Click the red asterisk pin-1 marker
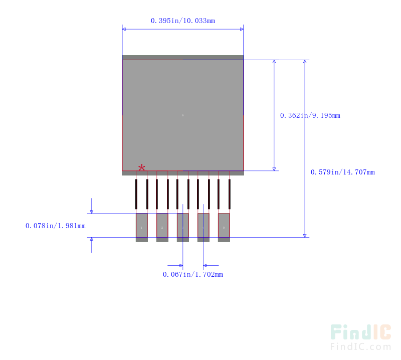pos(142,167)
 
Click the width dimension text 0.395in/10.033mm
pos(183,21)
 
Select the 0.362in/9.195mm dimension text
pos(310,115)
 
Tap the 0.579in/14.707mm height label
pos(342,172)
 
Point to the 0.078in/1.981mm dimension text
pos(55,226)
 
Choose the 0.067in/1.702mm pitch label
pos(192,274)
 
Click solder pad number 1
pos(141,228)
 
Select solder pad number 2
pos(162,228)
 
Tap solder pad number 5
pos(224,228)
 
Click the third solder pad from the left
pos(182,228)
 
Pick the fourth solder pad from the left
pos(203,228)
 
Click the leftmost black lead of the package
pos(136,194)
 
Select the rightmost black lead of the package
pos(230,194)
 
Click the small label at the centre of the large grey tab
pos(182,115)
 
